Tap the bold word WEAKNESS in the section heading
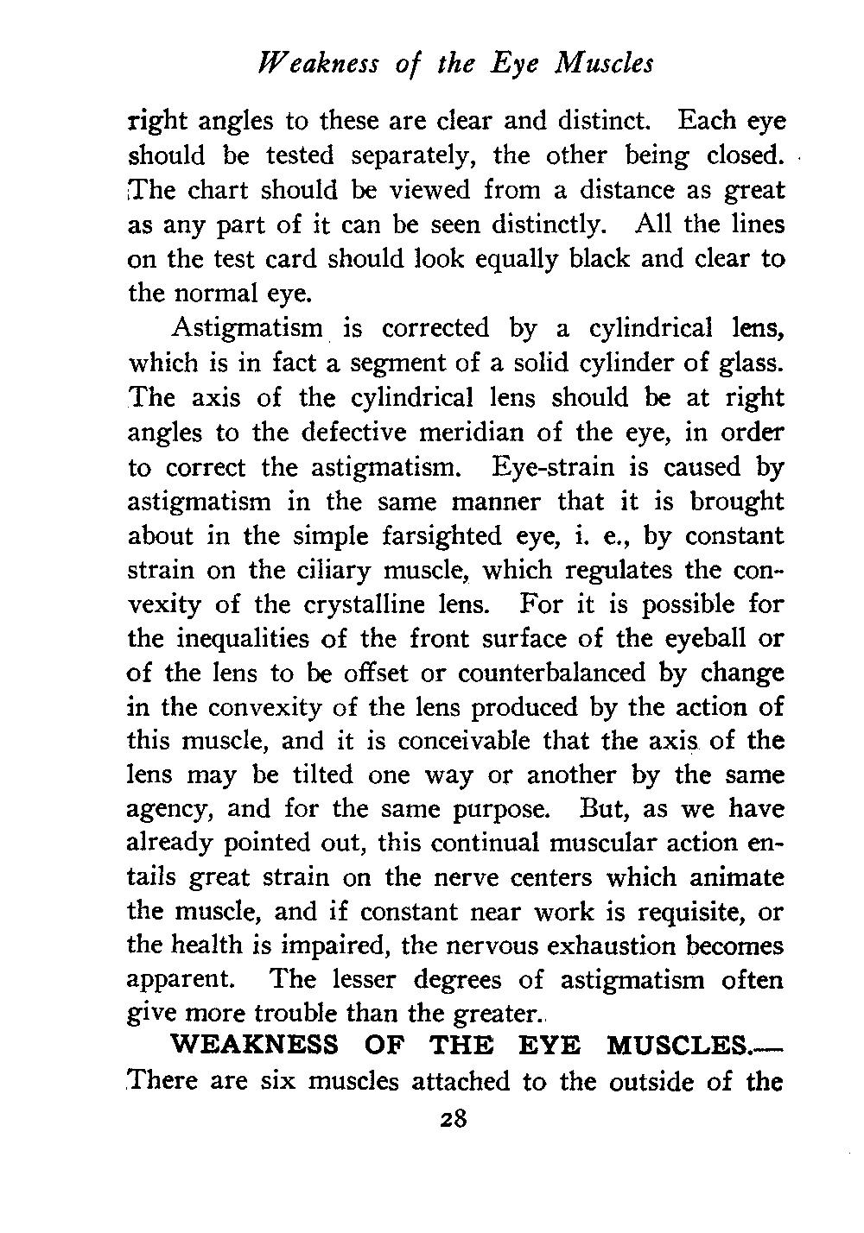pyautogui.click(x=256, y=1046)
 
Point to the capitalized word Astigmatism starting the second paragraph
pyautogui.click(x=246, y=329)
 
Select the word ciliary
pyautogui.click(x=324, y=570)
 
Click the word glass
pyautogui.click(x=751, y=364)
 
